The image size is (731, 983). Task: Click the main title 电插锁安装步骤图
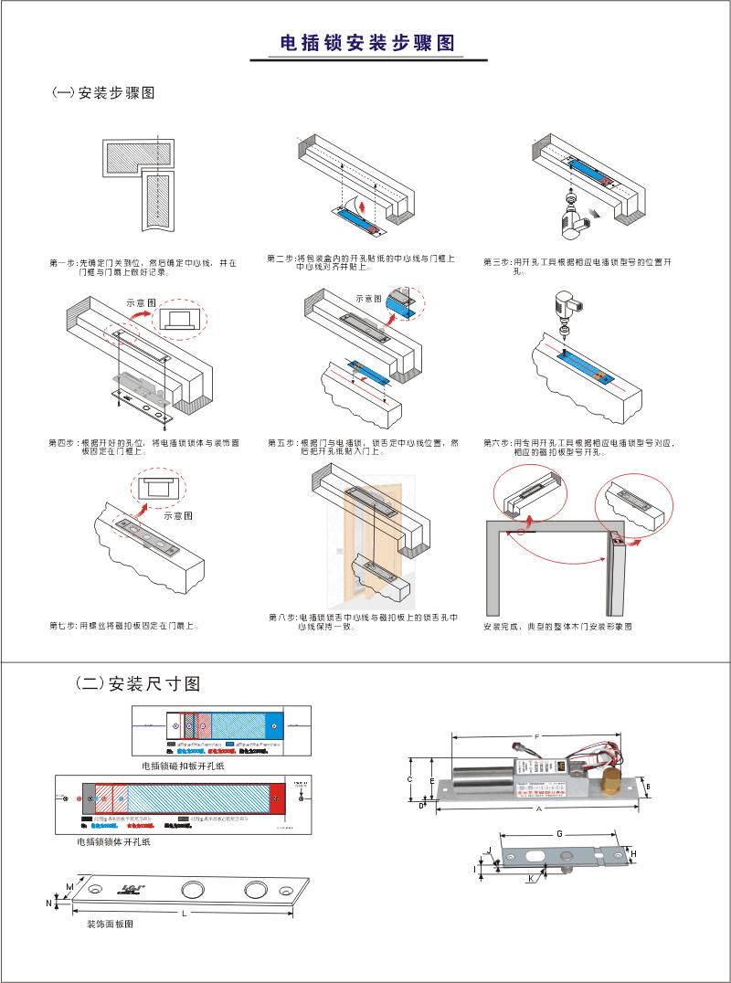[x=366, y=43]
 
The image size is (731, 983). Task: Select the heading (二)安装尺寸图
[x=137, y=683]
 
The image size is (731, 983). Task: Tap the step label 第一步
[x=62, y=262]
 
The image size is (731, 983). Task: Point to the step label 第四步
[x=62, y=442]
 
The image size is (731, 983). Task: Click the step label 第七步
[x=62, y=626]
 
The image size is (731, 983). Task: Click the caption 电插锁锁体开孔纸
[x=113, y=841]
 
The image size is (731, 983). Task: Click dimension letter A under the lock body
[x=540, y=809]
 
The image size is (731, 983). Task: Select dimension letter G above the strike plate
[x=558, y=833]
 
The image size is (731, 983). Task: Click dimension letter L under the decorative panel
[x=184, y=913]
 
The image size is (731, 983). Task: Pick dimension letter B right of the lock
[x=647, y=786]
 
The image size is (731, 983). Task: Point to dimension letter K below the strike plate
[x=530, y=879]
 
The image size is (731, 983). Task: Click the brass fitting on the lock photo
[x=609, y=782]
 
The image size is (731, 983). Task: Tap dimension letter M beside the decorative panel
[x=69, y=887]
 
